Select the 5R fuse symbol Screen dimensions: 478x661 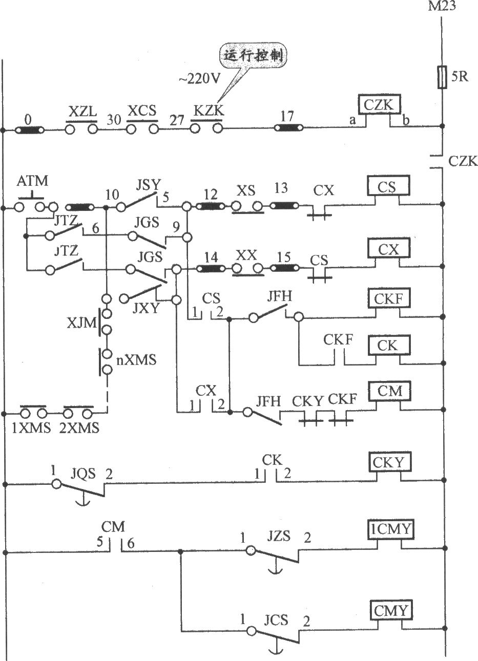pos(442,77)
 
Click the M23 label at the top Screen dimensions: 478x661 pos(442,6)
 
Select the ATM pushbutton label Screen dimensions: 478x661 pos(32,181)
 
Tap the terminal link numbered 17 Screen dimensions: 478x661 pos(288,127)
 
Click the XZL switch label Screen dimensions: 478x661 pos(82,112)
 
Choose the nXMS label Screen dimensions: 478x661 pos(136,360)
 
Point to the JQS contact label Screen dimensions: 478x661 pos(84,474)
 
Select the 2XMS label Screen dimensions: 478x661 pos(79,429)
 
